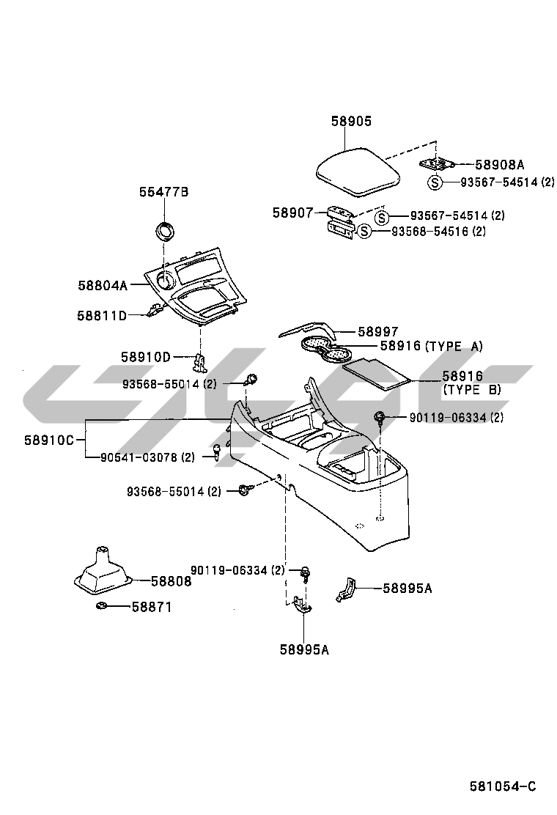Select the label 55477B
tap(164, 192)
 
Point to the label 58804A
tap(103, 284)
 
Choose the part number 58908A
tap(501, 165)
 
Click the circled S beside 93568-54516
tap(365, 232)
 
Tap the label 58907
tap(293, 213)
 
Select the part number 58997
tap(378, 332)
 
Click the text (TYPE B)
tap(473, 390)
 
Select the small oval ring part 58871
tap(102, 606)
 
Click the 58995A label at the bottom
tap(303, 649)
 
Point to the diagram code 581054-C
tap(503, 786)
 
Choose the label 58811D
tap(102, 315)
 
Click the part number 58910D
tap(146, 357)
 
